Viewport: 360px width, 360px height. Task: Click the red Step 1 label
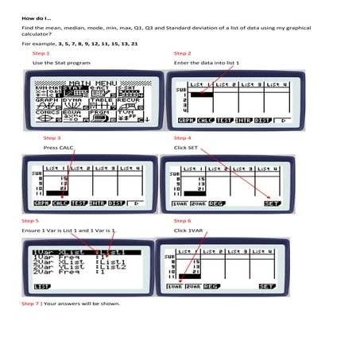pos(40,53)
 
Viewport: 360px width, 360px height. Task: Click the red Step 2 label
pos(182,53)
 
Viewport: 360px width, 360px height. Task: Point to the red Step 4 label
pos(182,137)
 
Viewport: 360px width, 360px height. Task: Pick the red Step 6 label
pos(182,220)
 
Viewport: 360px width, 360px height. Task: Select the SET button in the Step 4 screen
pos(273,203)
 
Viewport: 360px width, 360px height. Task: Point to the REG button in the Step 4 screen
pos(216,203)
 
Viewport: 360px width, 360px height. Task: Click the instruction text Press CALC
pos(57,148)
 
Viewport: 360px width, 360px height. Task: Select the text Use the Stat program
pos(60,62)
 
